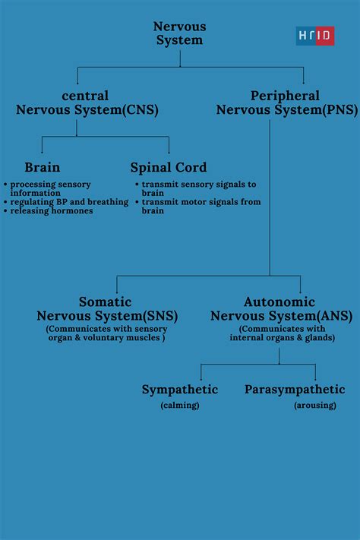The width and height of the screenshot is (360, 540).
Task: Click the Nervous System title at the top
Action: point(180,33)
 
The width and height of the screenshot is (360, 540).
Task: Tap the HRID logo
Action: point(314,36)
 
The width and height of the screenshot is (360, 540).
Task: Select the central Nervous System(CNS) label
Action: point(87,103)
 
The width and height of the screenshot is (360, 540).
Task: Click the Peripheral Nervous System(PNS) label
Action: point(286,103)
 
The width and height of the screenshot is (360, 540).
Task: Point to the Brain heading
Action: point(42,168)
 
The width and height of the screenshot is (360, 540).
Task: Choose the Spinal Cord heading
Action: point(168,168)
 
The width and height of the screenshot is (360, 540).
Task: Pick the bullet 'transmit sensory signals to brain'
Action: point(197,188)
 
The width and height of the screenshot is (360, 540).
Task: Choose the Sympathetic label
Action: point(179,390)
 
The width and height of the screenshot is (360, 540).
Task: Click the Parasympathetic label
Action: point(295,390)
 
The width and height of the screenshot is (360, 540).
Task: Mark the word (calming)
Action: point(179,406)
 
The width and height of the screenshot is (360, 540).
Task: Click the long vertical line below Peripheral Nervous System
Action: point(270,197)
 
